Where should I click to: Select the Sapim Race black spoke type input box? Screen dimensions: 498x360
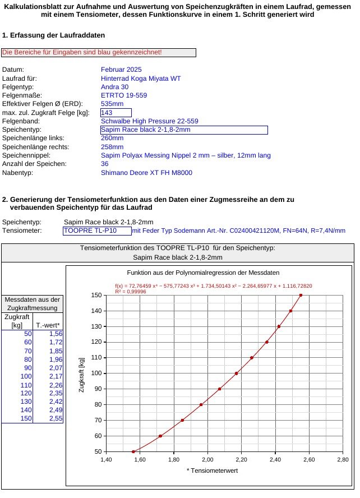pyautogui.click(x=183, y=130)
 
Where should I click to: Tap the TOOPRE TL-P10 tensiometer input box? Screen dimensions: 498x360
pyautogui.click(x=96, y=230)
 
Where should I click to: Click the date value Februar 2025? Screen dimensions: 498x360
pyautogui.click(x=121, y=70)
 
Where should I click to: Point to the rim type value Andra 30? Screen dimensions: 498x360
pyautogui.click(x=114, y=87)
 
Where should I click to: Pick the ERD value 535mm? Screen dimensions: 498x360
pyautogui.click(x=112, y=104)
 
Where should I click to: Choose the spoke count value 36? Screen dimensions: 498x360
pyautogui.click(x=105, y=164)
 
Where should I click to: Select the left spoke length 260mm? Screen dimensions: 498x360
pyautogui.click(x=112, y=138)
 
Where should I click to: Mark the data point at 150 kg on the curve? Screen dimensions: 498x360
pyautogui.click(x=301, y=295)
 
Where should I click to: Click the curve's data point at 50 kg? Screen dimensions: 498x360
pyautogui.click(x=133, y=451)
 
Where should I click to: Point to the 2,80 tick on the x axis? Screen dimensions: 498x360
pyautogui.click(x=343, y=459)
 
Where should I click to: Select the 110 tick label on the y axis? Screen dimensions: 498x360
pyautogui.click(x=96, y=358)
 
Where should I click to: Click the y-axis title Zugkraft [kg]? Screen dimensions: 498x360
pyautogui.click(x=82, y=373)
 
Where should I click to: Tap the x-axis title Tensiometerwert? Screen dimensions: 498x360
pyautogui.click(x=212, y=471)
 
